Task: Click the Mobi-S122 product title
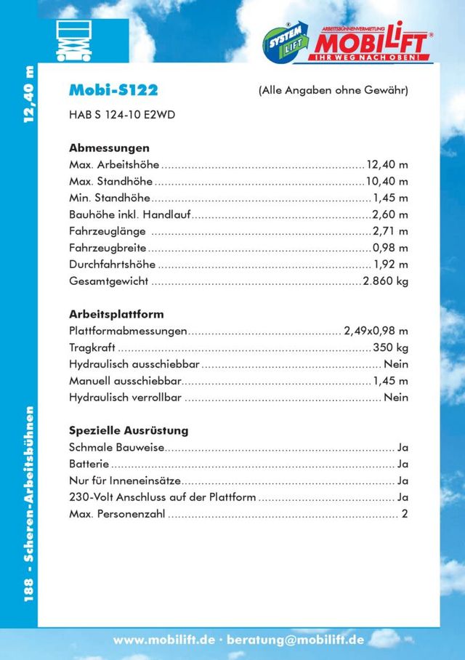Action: coord(113,90)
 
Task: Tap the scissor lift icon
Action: coord(73,41)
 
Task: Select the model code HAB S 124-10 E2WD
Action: coord(121,115)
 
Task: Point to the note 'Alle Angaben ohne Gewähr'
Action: coord(333,91)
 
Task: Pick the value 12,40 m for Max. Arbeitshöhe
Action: coord(387,164)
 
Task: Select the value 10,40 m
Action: coord(387,181)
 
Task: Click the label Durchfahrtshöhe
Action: coord(111,264)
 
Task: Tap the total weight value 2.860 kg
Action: coord(386,281)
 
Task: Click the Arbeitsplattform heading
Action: coord(116,314)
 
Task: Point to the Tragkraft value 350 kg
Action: coord(390,347)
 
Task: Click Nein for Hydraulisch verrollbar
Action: coord(396,398)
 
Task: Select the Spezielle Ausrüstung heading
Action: coord(129,430)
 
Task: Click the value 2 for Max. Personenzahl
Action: coord(405,514)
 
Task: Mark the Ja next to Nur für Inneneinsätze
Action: coord(403,480)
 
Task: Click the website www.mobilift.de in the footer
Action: coord(164,640)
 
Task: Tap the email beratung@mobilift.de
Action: coord(296,640)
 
